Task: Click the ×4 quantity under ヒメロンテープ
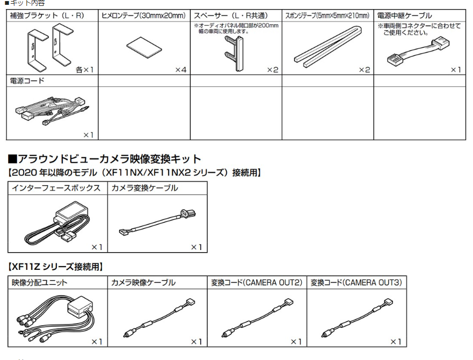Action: point(180,70)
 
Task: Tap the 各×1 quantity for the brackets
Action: point(85,70)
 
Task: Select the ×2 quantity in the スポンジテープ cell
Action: point(364,70)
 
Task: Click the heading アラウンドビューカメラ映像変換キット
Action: point(105,159)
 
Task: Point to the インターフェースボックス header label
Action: point(56,188)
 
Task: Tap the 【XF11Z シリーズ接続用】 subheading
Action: point(55,266)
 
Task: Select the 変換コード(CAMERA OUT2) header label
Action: point(256,282)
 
